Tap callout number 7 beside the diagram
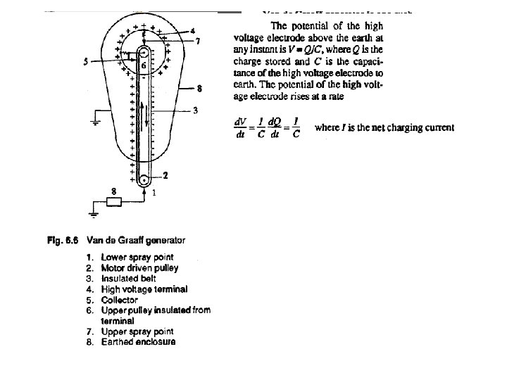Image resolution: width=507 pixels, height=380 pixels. click(199, 42)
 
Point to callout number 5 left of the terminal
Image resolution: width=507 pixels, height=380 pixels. click(85, 62)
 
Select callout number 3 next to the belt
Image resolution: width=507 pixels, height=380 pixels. click(194, 110)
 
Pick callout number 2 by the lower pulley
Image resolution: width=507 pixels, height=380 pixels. click(166, 176)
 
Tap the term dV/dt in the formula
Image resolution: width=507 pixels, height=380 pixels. click(241, 127)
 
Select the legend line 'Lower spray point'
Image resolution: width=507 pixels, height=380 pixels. click(137, 258)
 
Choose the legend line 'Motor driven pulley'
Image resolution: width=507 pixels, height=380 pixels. click(139, 268)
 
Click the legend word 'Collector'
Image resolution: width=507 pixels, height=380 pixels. click(120, 300)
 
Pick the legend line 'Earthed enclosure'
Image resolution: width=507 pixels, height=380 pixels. click(138, 342)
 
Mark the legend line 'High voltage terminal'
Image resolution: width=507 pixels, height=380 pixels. click(144, 289)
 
